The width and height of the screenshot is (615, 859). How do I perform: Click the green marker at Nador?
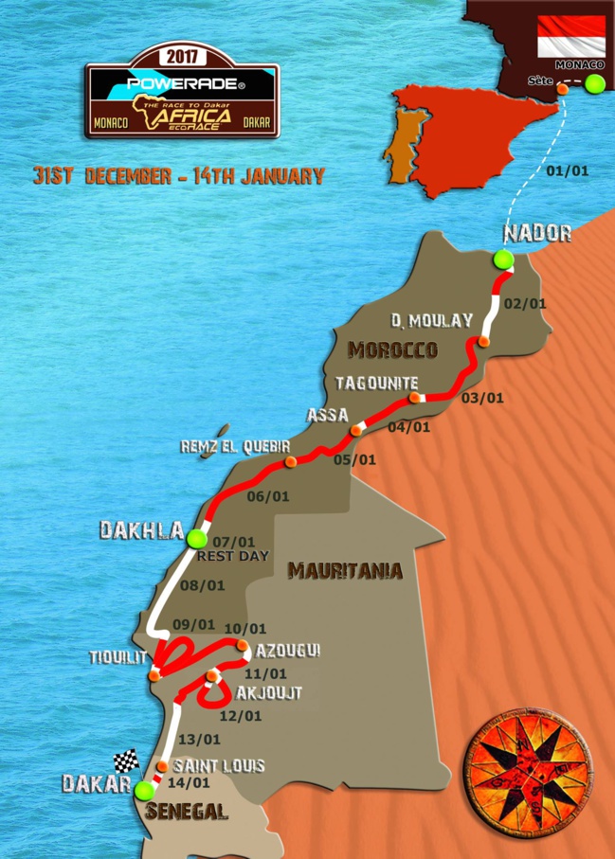click(x=502, y=259)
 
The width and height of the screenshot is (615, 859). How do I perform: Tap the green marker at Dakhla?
click(x=196, y=539)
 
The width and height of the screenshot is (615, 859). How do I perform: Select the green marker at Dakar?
click(x=143, y=791)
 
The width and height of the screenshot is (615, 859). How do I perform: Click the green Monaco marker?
click(x=594, y=84)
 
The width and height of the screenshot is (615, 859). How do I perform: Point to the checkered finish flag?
click(x=126, y=761)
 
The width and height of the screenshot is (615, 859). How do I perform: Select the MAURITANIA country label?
click(x=345, y=571)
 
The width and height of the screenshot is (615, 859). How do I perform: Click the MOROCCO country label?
click(x=392, y=350)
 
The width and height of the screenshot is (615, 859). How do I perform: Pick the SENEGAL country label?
click(x=187, y=812)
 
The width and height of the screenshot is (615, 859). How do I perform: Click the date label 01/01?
click(x=569, y=171)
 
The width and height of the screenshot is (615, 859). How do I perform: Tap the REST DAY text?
click(x=233, y=556)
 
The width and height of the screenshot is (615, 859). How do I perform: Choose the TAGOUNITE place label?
click(x=378, y=383)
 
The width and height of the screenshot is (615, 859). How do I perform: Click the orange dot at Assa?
click(x=356, y=431)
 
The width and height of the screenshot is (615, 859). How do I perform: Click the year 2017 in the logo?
click(x=182, y=56)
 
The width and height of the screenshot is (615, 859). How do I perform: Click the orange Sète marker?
click(x=563, y=88)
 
